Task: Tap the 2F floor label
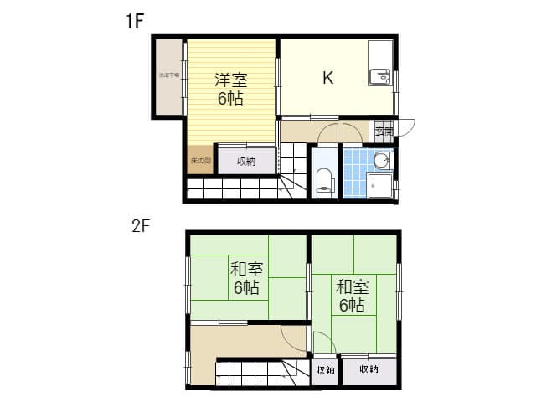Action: click(x=140, y=226)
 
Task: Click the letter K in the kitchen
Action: click(x=328, y=79)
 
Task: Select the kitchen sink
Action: click(x=380, y=78)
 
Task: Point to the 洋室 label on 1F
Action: click(x=231, y=81)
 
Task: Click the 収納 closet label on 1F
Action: click(x=245, y=162)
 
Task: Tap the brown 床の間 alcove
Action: click(x=199, y=160)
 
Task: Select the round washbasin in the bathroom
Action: click(x=382, y=159)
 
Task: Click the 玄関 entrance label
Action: click(x=384, y=131)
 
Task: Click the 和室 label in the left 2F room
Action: click(x=247, y=270)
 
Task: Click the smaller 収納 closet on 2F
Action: click(x=325, y=369)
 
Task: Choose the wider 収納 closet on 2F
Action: click(x=368, y=369)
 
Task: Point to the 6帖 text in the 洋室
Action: click(x=231, y=100)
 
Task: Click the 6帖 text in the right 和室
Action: click(x=352, y=306)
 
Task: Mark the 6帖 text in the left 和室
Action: click(x=246, y=288)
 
